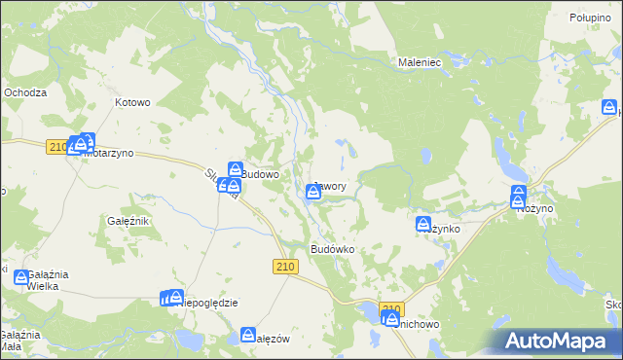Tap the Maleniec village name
(421, 61)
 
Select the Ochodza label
(25, 92)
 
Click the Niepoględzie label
(210, 303)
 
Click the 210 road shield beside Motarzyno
(57, 147)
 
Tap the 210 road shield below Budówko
(285, 268)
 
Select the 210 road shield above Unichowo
(390, 309)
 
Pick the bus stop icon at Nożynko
(424, 225)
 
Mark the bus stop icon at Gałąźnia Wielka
(21, 278)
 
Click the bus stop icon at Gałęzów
(248, 335)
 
